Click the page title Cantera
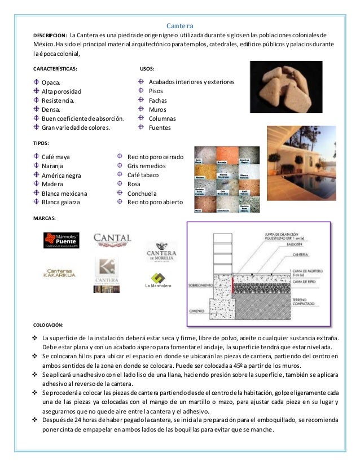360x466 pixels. click(181, 25)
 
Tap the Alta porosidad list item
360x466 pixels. click(62, 91)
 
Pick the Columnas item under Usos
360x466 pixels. click(162, 118)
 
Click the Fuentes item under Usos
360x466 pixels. click(160, 128)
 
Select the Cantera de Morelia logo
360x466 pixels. click(162, 252)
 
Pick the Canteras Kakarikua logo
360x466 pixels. click(62, 273)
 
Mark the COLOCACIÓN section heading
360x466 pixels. click(49, 325)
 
